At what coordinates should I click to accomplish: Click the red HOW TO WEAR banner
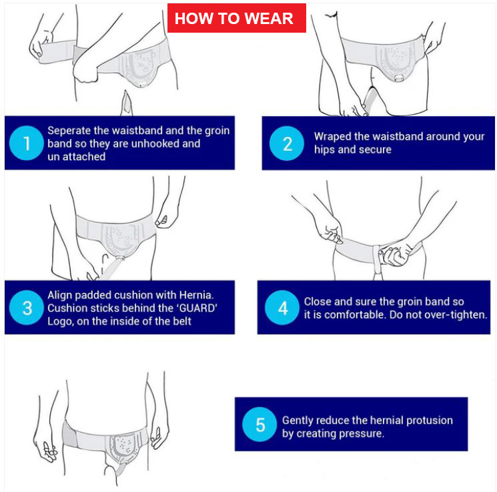(x=236, y=18)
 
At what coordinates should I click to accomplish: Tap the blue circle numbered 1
(x=27, y=143)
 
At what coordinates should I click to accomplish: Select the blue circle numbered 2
(x=287, y=144)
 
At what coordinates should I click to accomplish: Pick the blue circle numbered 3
(x=27, y=307)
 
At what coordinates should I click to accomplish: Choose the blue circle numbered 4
(x=282, y=307)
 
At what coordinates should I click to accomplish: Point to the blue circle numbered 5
(x=260, y=425)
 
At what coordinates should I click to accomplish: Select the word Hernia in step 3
(x=196, y=295)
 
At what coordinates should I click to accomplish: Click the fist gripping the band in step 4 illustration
(x=394, y=254)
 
